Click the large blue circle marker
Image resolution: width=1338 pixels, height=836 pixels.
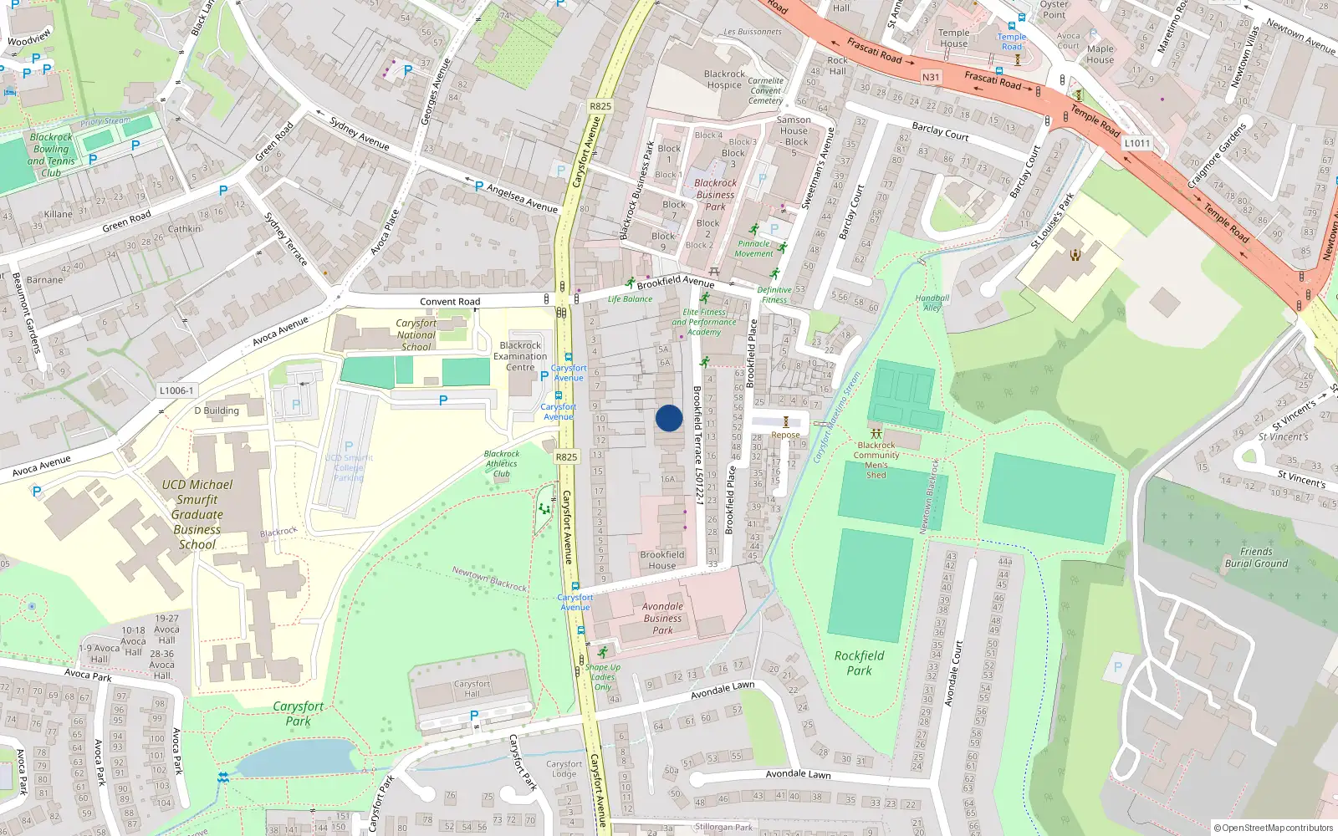669,418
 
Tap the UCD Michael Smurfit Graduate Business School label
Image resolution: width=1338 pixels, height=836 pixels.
197,514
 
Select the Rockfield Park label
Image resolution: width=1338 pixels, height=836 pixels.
859,663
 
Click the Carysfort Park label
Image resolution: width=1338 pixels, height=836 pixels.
298,713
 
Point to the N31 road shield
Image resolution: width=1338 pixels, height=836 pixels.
931,77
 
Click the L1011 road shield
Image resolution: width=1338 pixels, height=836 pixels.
1137,143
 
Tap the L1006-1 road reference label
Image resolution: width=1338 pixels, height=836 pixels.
176,390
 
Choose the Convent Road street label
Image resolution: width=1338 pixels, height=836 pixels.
450,302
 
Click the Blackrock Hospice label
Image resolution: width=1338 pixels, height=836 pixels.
724,79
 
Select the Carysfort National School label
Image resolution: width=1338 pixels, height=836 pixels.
416,334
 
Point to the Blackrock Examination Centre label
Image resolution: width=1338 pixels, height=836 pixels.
520,356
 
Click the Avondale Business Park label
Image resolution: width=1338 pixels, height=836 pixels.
662,619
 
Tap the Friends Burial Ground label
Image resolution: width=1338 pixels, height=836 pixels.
1256,558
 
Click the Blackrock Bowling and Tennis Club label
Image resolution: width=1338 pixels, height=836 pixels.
51,155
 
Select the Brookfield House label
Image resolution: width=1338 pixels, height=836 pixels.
661,560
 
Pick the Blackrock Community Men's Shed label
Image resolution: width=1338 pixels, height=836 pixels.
876,460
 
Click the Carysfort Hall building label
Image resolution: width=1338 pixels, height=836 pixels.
472,688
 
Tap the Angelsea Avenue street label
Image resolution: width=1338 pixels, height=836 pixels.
523,199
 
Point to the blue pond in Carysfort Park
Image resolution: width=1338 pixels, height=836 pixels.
297,757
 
